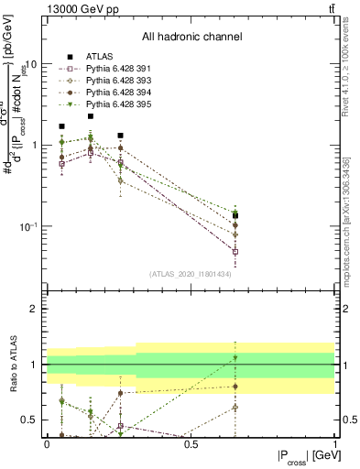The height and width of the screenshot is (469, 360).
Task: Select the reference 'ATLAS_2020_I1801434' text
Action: click(x=191, y=274)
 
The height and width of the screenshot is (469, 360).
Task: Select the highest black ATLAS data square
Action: click(x=91, y=116)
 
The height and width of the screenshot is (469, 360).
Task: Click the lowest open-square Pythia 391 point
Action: click(x=235, y=251)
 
